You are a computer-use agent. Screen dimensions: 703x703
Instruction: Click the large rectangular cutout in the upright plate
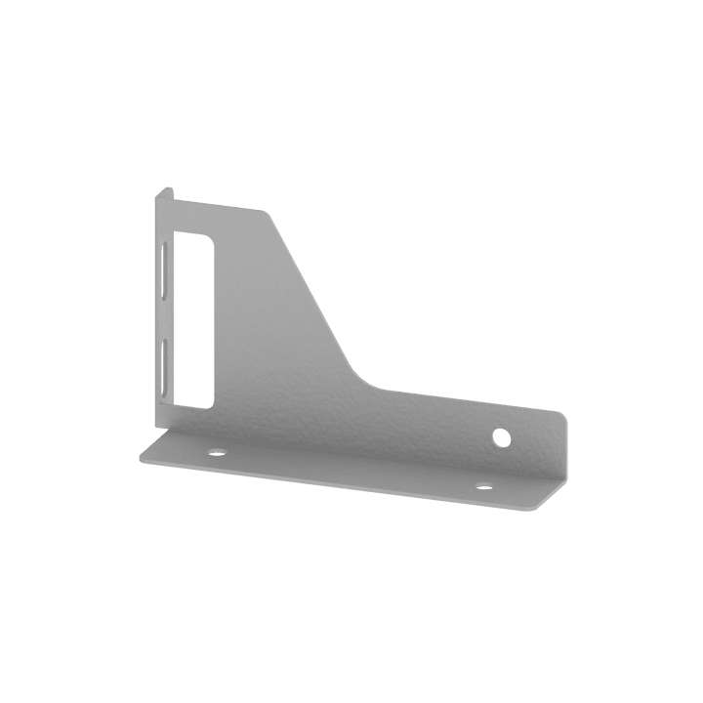tap(194, 317)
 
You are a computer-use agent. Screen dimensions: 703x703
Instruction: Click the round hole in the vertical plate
tap(502, 435)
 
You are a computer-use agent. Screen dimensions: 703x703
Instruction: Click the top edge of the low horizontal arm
tap(469, 400)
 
